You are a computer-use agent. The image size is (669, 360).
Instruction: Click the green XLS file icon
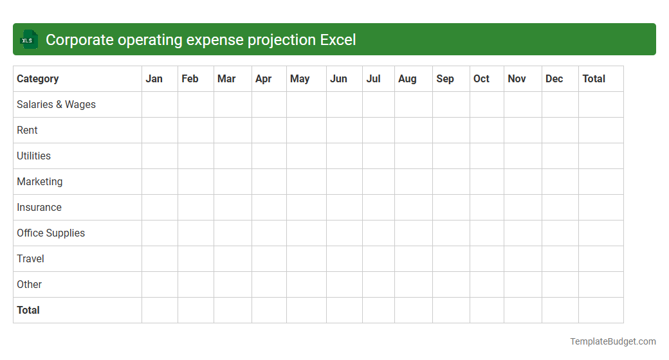(x=28, y=40)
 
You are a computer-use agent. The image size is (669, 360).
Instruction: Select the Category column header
(x=38, y=78)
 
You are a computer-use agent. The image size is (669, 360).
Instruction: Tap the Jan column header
(x=154, y=78)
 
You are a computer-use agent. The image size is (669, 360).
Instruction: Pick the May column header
(x=300, y=78)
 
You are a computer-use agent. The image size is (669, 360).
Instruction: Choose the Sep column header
(x=445, y=78)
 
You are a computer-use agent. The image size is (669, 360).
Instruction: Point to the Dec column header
(x=554, y=78)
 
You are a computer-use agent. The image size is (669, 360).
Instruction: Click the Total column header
(x=594, y=78)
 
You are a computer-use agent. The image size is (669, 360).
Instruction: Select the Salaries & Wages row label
(x=56, y=104)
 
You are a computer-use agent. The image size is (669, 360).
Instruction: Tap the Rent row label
(x=27, y=130)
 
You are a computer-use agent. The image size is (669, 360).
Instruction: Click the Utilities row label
(x=33, y=156)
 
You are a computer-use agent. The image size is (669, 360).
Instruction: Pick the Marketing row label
(x=40, y=181)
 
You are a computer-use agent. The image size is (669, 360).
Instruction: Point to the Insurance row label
(x=39, y=207)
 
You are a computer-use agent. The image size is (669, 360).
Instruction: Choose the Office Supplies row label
(x=51, y=233)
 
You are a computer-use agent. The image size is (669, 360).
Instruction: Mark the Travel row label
(x=30, y=258)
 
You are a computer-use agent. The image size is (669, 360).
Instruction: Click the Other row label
(x=29, y=284)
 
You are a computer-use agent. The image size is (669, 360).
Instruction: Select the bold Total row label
(x=28, y=310)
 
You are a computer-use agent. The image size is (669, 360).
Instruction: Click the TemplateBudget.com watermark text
(x=613, y=341)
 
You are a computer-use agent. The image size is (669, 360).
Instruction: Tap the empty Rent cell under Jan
(x=160, y=130)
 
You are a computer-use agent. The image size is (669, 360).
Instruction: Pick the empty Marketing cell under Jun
(x=344, y=181)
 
